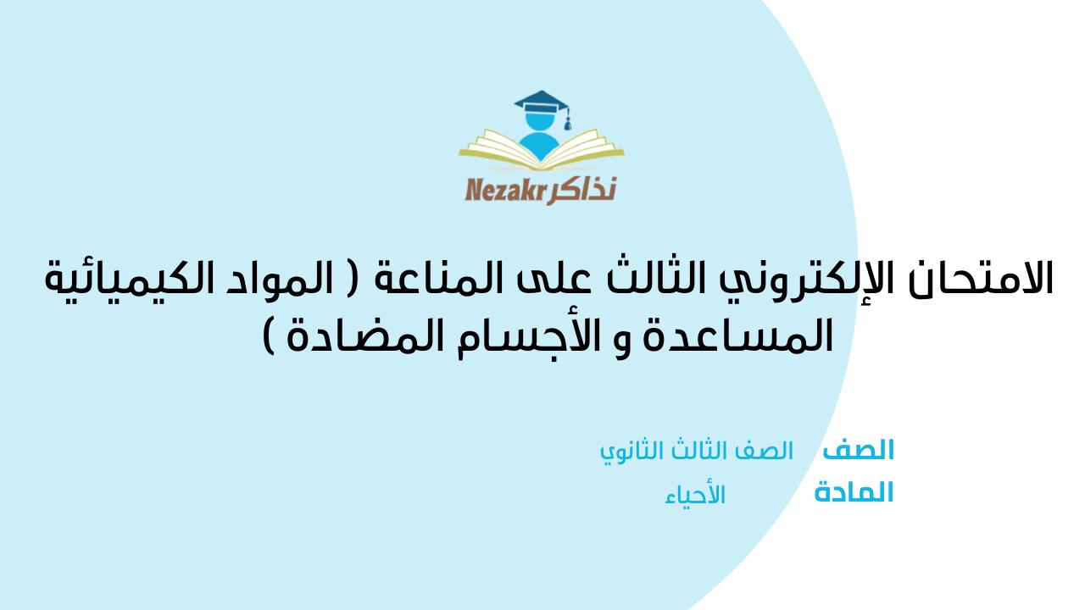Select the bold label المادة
point(854,492)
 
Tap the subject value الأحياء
point(695,496)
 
